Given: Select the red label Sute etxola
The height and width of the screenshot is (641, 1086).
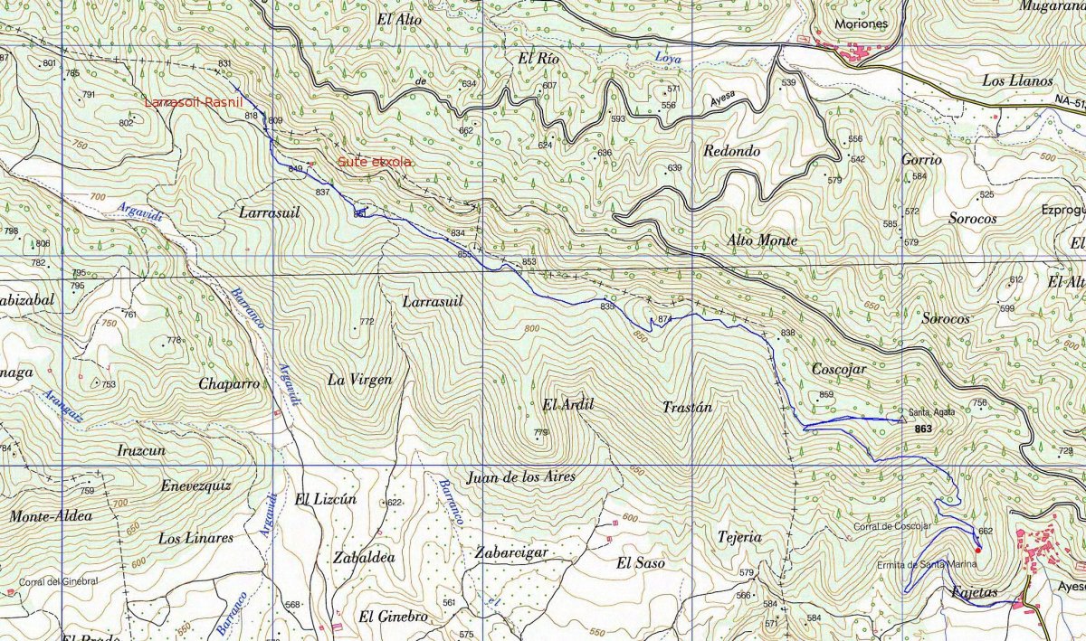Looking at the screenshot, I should tap(375, 163).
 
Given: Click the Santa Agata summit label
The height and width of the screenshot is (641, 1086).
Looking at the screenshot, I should tap(933, 411).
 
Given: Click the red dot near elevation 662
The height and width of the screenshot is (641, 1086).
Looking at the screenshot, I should tap(977, 549).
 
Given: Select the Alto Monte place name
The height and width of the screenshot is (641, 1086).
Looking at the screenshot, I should tap(762, 240).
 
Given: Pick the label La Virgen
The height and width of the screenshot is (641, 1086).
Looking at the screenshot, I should tap(359, 380).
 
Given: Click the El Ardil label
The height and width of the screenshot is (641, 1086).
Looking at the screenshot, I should tap(567, 404).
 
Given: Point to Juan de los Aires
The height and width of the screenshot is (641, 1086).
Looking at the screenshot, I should tap(520, 476).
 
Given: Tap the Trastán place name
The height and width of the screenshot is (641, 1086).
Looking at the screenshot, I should tap(688, 408).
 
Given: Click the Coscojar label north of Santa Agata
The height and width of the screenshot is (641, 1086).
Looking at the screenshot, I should tap(839, 370).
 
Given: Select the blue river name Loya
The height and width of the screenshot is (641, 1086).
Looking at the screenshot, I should tap(668, 59).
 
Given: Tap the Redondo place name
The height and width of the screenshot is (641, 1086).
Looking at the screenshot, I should tap(731, 151).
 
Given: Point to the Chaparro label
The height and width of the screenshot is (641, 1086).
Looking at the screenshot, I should tap(229, 383).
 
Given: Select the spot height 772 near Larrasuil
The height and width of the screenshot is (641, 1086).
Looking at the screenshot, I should tap(367, 322).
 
